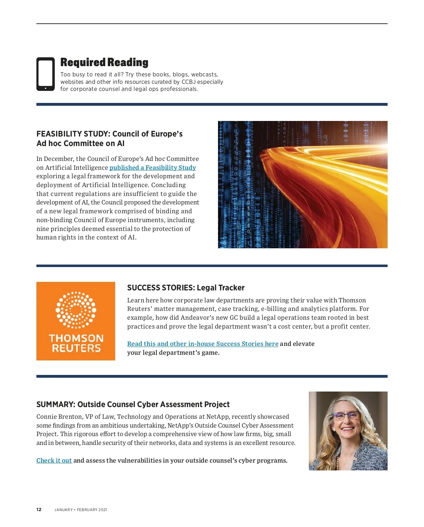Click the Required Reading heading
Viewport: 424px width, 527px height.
tap(104, 63)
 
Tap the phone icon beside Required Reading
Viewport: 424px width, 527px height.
tap(46, 74)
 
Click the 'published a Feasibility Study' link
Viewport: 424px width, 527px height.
tap(153, 168)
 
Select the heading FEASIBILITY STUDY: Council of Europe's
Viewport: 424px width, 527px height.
tap(110, 134)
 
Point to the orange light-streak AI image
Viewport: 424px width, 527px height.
tap(302, 184)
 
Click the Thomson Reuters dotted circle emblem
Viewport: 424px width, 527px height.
tap(76, 310)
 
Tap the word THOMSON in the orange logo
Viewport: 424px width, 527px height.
tap(76, 338)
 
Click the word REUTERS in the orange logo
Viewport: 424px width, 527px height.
tap(76, 348)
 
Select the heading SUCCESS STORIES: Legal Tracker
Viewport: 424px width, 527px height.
tap(186, 288)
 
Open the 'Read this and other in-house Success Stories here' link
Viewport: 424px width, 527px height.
tap(203, 344)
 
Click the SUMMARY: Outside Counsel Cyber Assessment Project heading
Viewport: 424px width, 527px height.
tap(133, 405)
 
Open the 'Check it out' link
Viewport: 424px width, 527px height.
tap(54, 461)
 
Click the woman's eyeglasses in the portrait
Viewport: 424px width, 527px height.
tap(346, 416)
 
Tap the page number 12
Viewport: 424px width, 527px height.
tap(39, 510)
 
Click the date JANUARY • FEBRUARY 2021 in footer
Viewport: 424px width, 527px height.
tap(81, 510)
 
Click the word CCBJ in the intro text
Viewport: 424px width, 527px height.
tap(188, 82)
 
